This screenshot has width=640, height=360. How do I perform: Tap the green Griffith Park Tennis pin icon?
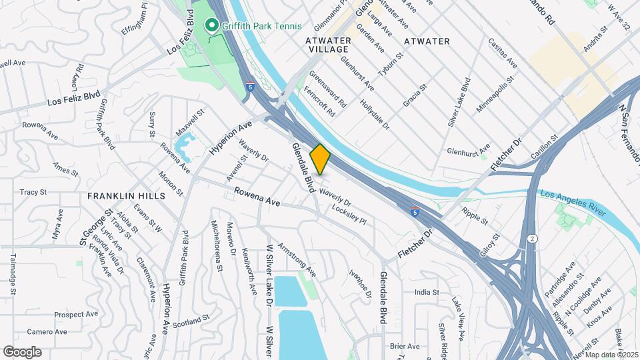click(x=213, y=26)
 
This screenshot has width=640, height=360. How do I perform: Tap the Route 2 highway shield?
click(x=531, y=238)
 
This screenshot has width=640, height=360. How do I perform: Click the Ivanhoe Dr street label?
click(x=359, y=283)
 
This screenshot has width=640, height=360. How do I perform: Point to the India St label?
click(x=427, y=292)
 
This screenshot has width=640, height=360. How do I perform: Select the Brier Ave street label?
click(x=405, y=346)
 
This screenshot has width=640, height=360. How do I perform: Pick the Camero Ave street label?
click(x=47, y=331)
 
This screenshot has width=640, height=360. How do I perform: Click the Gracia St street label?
click(x=414, y=97)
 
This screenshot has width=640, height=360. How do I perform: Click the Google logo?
click(x=22, y=351)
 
